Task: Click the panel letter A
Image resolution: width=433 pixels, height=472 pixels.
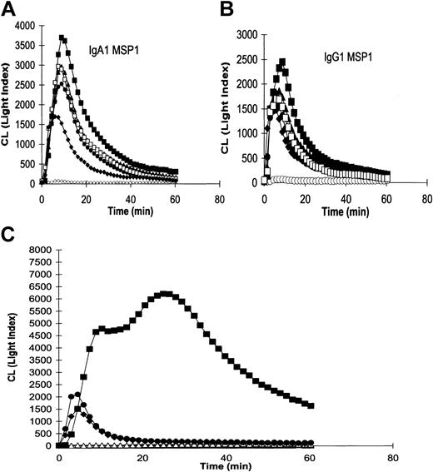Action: [x=10, y=10]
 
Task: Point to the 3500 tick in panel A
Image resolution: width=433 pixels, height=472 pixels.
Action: [x=25, y=36]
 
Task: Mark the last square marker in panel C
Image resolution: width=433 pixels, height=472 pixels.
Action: [x=311, y=405]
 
